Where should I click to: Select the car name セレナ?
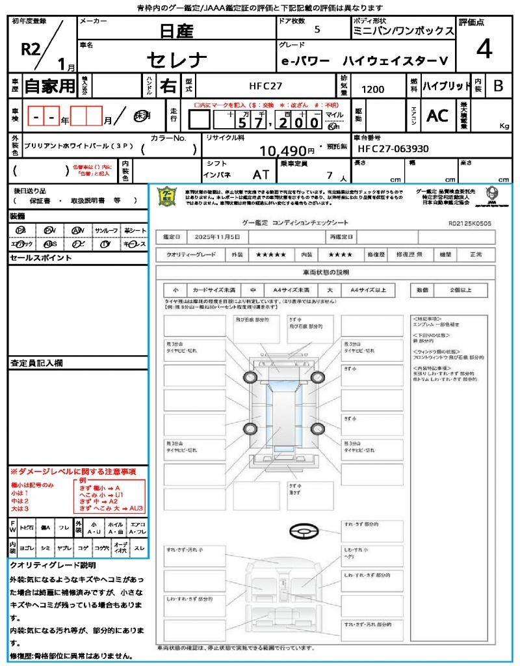[177, 60]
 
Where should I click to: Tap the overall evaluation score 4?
[484, 49]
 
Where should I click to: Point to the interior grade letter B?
[498, 85]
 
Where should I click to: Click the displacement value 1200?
[372, 90]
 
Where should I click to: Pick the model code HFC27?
[266, 85]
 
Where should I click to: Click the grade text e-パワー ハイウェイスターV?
[363, 60]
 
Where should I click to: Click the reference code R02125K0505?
[470, 223]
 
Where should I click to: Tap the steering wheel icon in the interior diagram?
[303, 532]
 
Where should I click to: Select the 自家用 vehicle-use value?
[49, 85]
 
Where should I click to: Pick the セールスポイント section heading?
[40, 258]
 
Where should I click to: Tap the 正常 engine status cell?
[485, 255]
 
